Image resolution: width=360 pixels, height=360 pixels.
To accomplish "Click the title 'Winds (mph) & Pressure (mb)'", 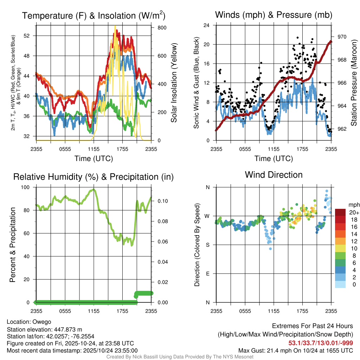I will coord(274,15).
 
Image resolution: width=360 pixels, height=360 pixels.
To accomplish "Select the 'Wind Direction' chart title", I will coord(274,175).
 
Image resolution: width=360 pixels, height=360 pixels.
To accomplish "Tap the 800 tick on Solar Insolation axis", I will coord(157,27).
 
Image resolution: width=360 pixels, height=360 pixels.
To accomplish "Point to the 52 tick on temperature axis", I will coord(30,36).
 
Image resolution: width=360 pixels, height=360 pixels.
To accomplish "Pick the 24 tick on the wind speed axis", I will coord(207,25).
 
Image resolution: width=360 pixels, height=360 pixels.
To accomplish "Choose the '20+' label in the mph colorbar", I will coord(353,212).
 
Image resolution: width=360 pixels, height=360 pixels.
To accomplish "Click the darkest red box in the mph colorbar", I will coord(340,212).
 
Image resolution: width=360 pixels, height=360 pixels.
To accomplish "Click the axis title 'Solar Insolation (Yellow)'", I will coord(174,83).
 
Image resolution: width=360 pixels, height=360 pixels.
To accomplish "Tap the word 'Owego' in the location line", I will coord(42,322).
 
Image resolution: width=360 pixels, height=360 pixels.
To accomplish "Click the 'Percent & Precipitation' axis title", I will coord(12,245).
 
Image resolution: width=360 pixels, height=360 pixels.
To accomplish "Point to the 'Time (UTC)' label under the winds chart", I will coord(274,159).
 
